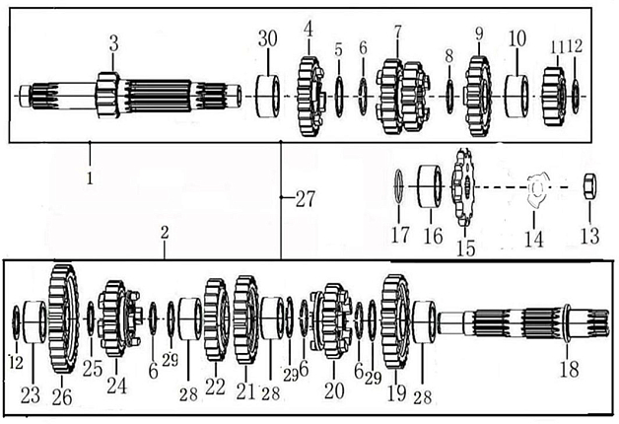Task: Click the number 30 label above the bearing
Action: pyautogui.click(x=268, y=38)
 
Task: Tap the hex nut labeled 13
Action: pyautogui.click(x=589, y=186)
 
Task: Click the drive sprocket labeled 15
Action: pyautogui.click(x=463, y=186)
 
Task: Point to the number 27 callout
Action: pyautogui.click(x=306, y=198)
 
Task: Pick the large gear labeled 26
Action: pyautogui.click(x=63, y=319)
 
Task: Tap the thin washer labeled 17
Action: pyautogui.click(x=399, y=186)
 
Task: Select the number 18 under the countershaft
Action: pyautogui.click(x=570, y=369)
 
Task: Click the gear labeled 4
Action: pyautogui.click(x=310, y=97)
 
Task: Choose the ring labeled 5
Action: pyautogui.click(x=339, y=97)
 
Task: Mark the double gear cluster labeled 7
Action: pyautogui.click(x=401, y=97)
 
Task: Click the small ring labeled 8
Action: pyautogui.click(x=449, y=97)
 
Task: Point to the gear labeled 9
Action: pyautogui.click(x=478, y=97)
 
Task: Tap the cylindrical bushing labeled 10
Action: pyautogui.click(x=517, y=96)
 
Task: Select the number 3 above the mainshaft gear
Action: pyautogui.click(x=113, y=43)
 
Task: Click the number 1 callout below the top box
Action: pyautogui.click(x=90, y=177)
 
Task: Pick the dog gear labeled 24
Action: pyautogui.click(x=118, y=318)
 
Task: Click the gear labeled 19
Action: pyautogui.click(x=395, y=321)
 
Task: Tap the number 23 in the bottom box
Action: pyautogui.click(x=31, y=394)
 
